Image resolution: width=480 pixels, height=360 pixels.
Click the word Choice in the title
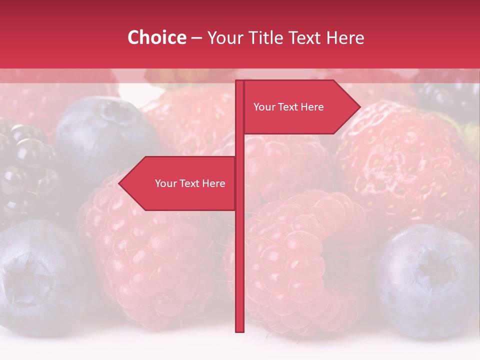tap(156, 37)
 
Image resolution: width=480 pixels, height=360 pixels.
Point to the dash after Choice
tap(196, 38)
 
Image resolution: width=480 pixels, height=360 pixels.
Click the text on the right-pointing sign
tap(288, 107)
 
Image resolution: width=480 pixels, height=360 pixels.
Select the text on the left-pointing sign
tap(190, 183)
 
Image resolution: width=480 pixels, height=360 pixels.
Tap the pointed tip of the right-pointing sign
tap(359, 106)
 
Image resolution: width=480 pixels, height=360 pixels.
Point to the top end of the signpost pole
tap(239, 81)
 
